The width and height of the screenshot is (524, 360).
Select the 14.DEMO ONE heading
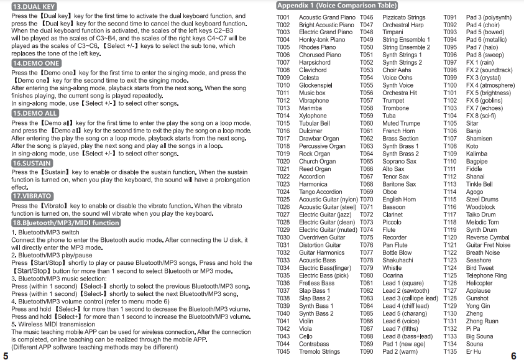point(36,63)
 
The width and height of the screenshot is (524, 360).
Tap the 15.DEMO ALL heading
point(35,114)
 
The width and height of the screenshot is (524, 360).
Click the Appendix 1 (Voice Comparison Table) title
point(338,6)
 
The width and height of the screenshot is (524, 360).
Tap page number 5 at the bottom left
point(6,356)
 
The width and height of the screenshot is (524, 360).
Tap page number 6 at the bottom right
point(513,356)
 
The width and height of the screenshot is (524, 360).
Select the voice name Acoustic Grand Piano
point(327,17)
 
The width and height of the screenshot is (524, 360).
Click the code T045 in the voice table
point(283,351)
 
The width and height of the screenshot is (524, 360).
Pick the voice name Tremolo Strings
point(319,351)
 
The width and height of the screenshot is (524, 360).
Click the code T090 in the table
point(367,351)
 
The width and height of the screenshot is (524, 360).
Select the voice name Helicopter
point(479,283)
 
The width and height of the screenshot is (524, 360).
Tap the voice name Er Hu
point(473,351)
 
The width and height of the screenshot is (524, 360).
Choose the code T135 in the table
point(450,351)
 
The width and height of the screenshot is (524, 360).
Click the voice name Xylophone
point(313,116)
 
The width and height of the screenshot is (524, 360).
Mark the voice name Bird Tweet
point(480,268)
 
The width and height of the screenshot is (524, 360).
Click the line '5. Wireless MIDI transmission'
point(53,324)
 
